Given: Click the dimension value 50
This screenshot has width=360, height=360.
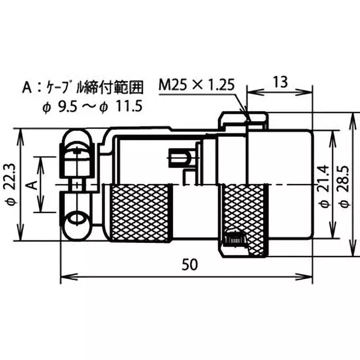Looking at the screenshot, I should pos(190,265).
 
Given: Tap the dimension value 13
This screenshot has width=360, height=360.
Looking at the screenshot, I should pos(279,82).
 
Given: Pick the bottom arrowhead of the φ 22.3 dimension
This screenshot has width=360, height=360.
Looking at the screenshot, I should pos(20,238).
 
